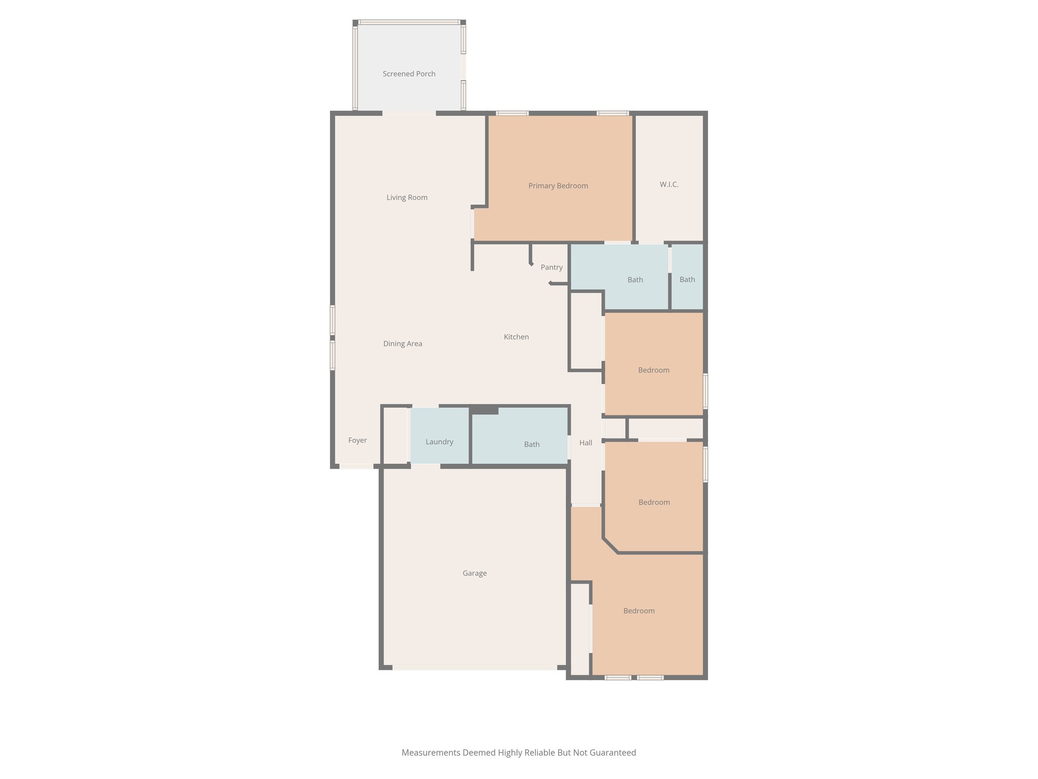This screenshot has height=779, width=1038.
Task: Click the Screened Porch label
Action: [x=409, y=74]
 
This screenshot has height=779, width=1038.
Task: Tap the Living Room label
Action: [x=407, y=198]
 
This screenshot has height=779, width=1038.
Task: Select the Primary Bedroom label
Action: [x=558, y=186]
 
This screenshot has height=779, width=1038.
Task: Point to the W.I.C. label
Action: [x=669, y=185]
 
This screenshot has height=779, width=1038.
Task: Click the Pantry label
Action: [x=551, y=267]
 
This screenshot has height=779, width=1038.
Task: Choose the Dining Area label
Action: [x=402, y=344]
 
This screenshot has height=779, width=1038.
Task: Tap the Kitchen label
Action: [x=516, y=337]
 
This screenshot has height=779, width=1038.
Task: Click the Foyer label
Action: [x=357, y=440]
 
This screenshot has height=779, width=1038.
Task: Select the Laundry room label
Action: [x=439, y=442]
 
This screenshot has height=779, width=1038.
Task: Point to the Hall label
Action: [x=586, y=443]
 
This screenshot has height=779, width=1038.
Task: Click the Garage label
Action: [x=474, y=573]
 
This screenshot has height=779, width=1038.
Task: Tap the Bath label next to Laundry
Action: [x=532, y=444]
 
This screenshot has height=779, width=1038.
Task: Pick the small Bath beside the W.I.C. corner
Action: [x=687, y=279]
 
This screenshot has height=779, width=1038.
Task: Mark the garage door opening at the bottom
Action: [x=474, y=668]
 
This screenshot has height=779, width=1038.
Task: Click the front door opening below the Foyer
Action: [x=356, y=466]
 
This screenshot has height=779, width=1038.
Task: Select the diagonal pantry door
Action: [x=540, y=274]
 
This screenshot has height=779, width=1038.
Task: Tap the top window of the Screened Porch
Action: [x=409, y=22]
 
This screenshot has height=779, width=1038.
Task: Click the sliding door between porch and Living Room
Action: [x=409, y=113]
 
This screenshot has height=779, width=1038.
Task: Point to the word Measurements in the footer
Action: [x=431, y=753]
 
